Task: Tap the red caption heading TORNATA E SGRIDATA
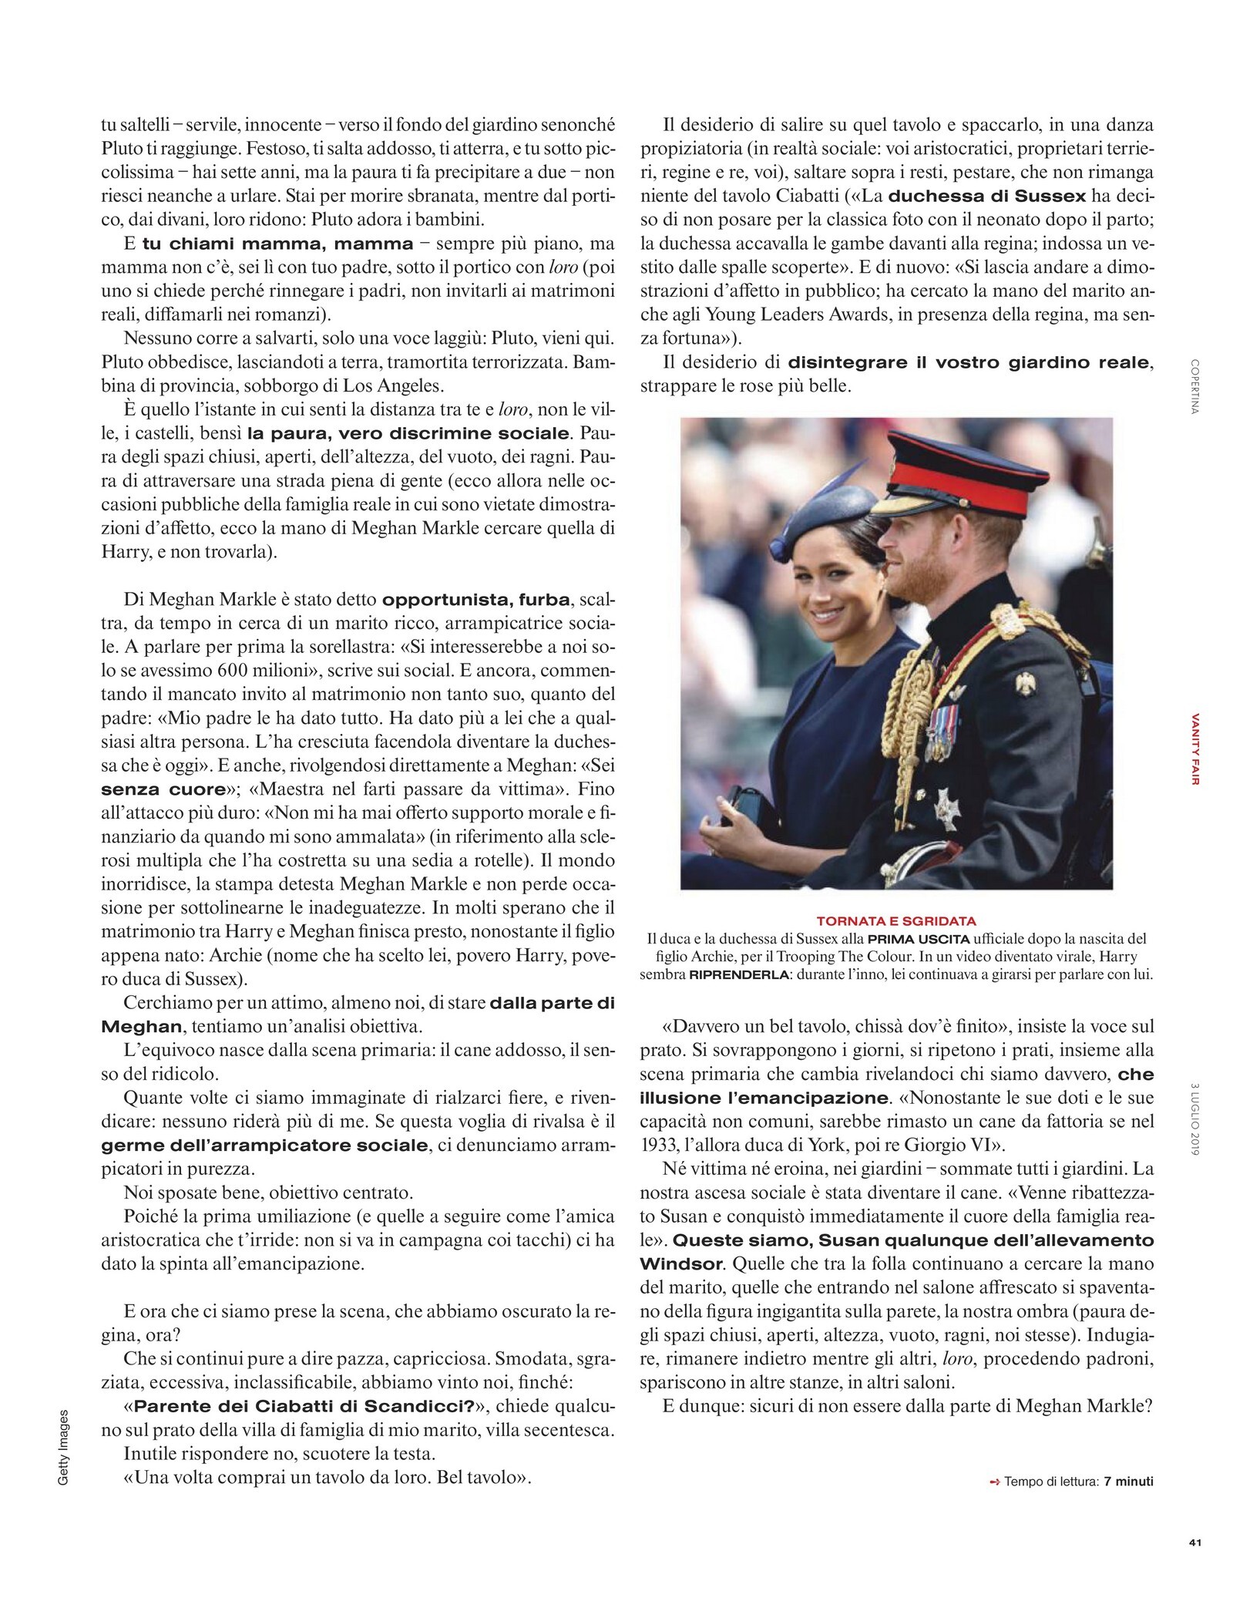coord(896,921)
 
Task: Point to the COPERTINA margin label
coord(1194,387)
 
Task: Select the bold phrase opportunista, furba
coord(478,600)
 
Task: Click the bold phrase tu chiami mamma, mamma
coord(277,244)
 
